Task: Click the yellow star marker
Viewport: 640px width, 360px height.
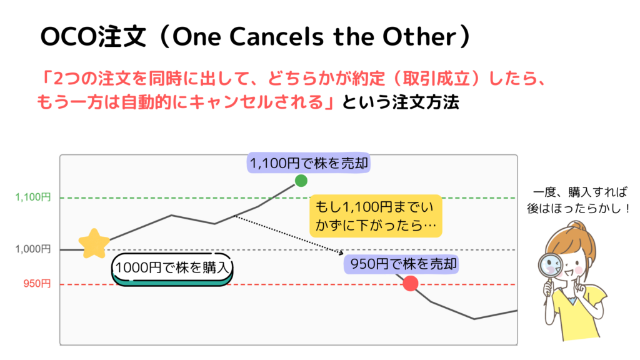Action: click(94, 244)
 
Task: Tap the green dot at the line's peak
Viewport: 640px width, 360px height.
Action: click(301, 181)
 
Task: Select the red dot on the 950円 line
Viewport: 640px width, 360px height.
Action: click(410, 283)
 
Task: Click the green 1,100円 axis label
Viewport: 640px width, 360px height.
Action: click(33, 197)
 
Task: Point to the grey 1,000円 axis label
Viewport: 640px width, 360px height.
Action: click(33, 249)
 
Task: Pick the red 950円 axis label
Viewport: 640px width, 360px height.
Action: click(37, 284)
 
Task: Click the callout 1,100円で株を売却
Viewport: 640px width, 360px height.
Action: click(309, 163)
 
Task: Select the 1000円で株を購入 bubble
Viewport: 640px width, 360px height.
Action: click(172, 269)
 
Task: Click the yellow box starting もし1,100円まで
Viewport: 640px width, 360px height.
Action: click(376, 216)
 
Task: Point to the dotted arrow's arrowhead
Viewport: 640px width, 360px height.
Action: click(341, 252)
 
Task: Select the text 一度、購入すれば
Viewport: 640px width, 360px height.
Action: click(580, 192)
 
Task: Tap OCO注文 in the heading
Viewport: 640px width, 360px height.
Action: click(93, 37)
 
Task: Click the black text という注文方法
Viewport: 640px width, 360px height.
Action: click(401, 102)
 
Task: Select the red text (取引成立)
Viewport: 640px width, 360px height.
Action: click(435, 79)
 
